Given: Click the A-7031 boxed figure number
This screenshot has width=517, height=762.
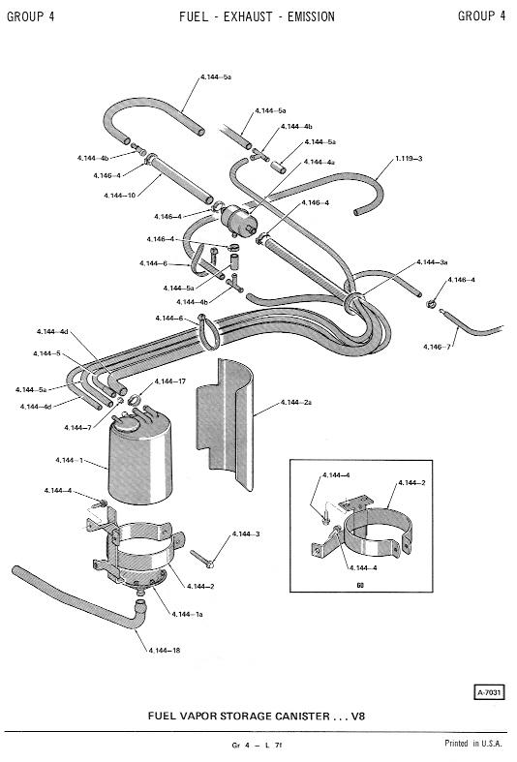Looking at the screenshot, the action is [489, 692].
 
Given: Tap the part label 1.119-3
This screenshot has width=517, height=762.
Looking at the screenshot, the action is [409, 159].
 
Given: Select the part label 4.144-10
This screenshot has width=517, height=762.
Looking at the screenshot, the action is [119, 196].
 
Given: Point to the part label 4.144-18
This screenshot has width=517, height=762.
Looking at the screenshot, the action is [165, 651].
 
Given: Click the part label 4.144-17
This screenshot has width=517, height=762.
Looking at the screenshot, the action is [170, 381].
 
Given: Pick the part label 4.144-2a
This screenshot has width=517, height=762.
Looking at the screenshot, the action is [296, 403].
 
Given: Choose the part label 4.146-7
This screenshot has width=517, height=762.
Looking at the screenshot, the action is [437, 347].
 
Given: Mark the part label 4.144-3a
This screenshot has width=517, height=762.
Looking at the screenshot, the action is [432, 262].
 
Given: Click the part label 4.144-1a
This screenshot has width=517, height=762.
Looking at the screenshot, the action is [187, 614].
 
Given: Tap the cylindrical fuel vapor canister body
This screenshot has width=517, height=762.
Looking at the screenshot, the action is [139, 464].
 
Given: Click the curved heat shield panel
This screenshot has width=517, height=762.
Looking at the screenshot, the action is [225, 423].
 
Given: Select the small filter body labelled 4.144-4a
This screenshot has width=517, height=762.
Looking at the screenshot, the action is [238, 219].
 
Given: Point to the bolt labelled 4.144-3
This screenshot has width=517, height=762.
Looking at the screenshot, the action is [201, 559].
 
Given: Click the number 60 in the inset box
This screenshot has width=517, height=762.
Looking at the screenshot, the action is [360, 585].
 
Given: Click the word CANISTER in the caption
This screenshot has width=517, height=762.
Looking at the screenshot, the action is [302, 716].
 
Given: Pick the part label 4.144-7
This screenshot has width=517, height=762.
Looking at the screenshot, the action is [77, 428].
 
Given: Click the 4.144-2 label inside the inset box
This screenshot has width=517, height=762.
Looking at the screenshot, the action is [412, 482].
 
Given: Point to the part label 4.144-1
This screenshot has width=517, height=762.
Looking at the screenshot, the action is [69, 460].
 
